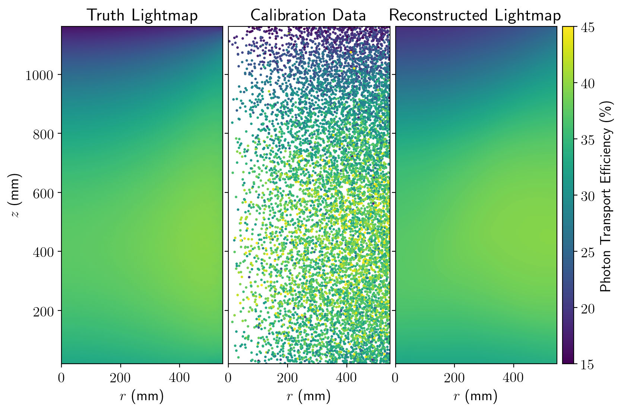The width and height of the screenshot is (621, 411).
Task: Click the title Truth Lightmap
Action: click(142, 16)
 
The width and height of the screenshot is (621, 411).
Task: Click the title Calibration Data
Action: click(308, 16)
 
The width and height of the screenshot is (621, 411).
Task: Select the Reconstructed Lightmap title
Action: click(475, 16)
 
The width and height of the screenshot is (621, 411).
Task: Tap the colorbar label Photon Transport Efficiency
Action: click(606, 196)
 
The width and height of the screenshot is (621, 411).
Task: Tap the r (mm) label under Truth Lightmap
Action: click(142, 396)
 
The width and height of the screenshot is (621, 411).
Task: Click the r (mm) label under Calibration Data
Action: click(308, 396)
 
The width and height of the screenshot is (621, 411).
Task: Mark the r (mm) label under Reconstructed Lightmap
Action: click(475, 396)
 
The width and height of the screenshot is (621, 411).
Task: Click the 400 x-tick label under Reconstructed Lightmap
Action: click(513, 378)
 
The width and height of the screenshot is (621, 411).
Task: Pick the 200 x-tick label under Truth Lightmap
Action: click(120, 378)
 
